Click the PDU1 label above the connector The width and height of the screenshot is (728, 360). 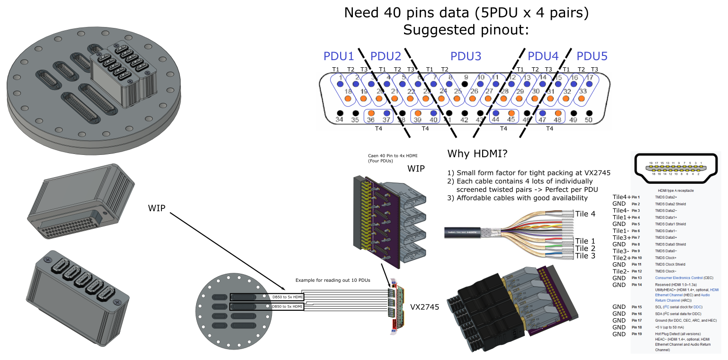click(338, 56)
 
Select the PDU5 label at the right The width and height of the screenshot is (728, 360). click(592, 56)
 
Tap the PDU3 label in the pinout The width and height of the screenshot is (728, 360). click(466, 56)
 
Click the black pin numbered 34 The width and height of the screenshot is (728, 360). click(339, 114)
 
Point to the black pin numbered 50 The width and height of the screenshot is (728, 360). click(589, 114)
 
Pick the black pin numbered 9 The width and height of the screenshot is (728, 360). click(465, 84)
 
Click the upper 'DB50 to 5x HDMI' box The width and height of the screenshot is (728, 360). click(288, 297)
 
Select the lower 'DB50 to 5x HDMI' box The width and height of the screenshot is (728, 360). click(288, 307)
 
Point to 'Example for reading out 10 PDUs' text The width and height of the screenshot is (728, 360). click(333, 280)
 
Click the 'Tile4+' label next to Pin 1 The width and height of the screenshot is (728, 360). click(621, 197)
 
